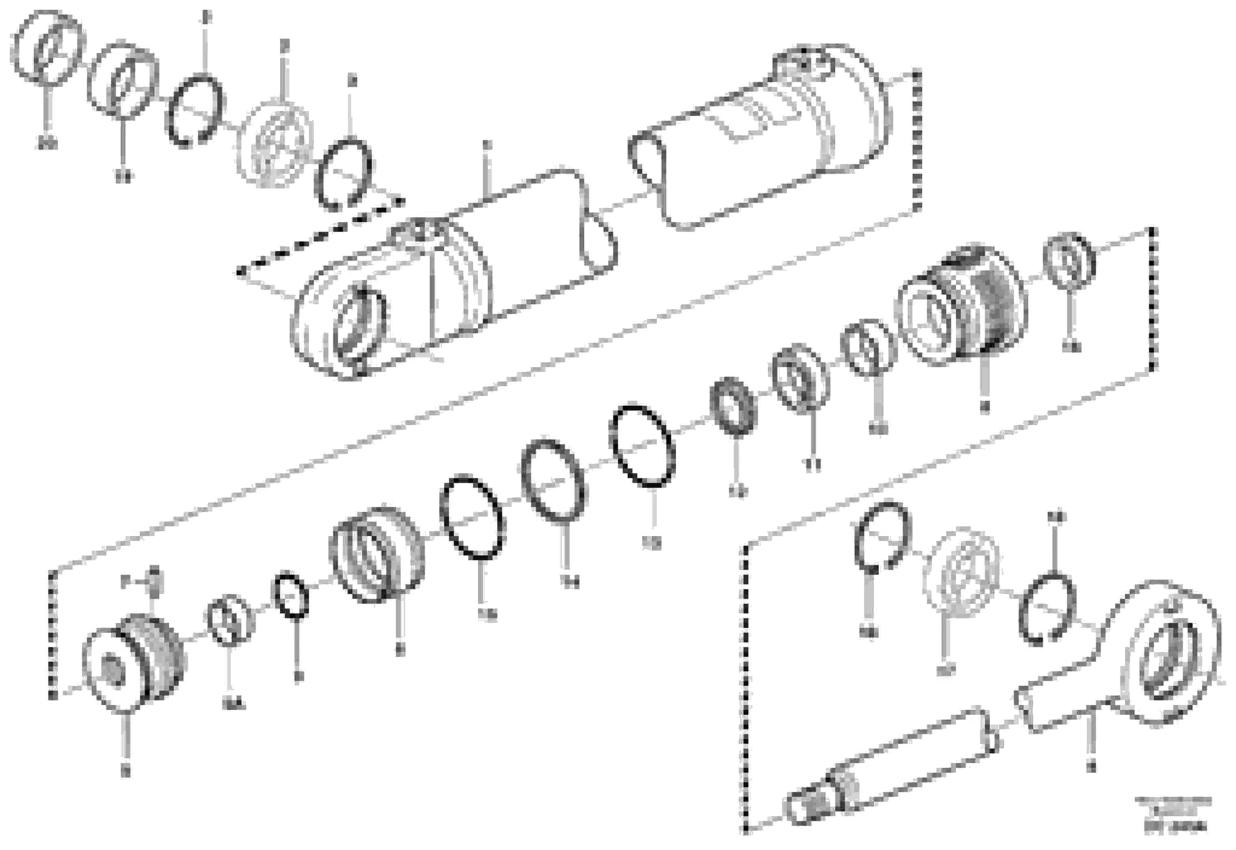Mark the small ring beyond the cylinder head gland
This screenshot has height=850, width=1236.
1069,261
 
